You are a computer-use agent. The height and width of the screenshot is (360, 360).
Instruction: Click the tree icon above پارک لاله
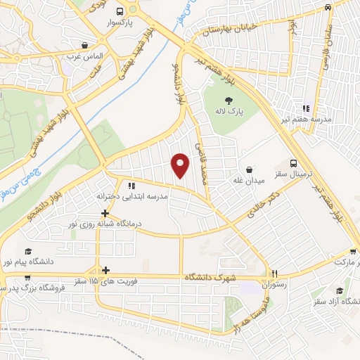(230, 100)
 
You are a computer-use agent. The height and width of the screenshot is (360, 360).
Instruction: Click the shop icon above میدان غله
(250, 169)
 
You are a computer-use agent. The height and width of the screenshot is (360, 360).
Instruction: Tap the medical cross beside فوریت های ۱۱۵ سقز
(105, 270)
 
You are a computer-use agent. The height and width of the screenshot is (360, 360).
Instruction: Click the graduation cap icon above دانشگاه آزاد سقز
(340, 290)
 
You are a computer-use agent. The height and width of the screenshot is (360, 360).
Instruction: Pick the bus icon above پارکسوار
(120, 11)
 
